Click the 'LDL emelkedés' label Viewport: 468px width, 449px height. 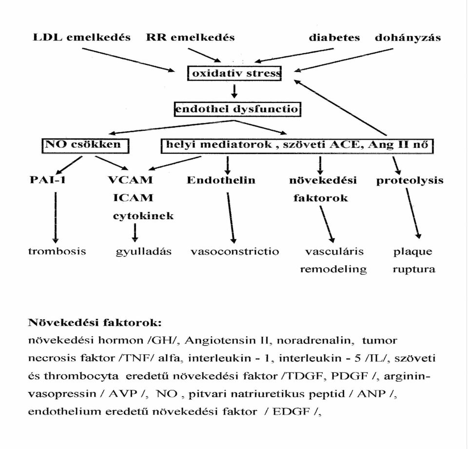click(81, 38)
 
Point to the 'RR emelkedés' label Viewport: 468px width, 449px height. click(191, 38)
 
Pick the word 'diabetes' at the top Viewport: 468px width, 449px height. click(334, 38)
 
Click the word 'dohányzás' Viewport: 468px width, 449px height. click(408, 38)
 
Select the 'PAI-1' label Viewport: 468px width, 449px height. click(47, 180)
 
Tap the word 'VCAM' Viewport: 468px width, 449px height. click(130, 180)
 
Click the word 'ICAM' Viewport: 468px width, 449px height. click(133, 198)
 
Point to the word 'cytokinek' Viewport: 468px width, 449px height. click(143, 216)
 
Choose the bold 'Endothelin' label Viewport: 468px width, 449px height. click(221, 180)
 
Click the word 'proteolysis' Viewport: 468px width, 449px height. click(410, 181)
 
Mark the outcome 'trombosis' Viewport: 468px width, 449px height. click(57, 251)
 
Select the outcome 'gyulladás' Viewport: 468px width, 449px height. click(143, 251)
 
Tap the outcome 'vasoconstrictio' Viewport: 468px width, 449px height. click(235, 251)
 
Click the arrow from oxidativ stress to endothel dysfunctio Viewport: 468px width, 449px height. click(234, 91)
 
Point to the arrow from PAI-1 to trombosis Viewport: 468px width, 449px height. click(56, 218)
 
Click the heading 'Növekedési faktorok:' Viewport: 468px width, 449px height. click(95, 323)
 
